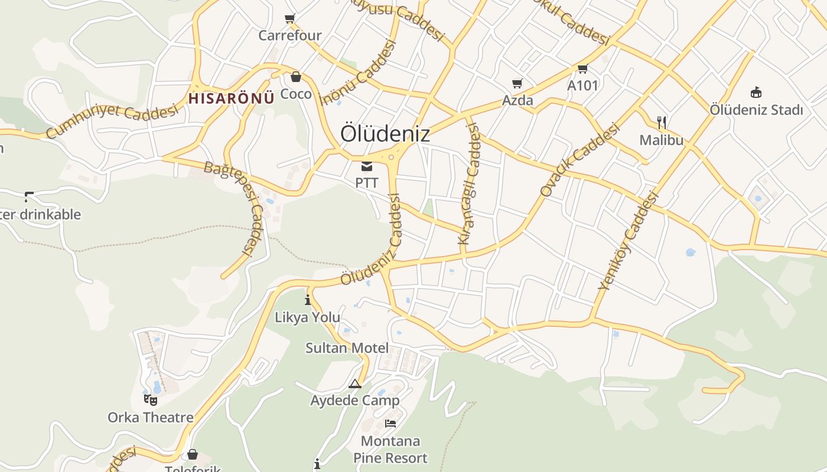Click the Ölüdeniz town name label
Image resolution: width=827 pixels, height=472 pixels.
point(385,134)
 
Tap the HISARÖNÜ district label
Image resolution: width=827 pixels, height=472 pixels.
point(232,98)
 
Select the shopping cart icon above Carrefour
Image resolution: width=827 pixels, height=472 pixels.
point(290,19)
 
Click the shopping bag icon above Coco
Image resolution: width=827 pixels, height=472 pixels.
point(295,77)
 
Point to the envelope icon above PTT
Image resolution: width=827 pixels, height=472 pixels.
point(367,166)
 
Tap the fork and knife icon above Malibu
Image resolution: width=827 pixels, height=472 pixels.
point(662,123)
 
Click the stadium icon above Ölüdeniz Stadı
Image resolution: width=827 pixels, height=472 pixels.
point(756,92)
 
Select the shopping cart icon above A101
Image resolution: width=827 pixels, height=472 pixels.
point(583,69)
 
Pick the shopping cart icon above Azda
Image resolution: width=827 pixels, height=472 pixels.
point(517,84)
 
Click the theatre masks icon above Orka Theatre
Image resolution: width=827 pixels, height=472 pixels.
point(151,399)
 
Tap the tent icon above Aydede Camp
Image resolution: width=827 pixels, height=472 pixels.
point(354,384)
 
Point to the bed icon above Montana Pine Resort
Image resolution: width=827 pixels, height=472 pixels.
point(390,423)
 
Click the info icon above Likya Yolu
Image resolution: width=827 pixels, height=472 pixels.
point(307,300)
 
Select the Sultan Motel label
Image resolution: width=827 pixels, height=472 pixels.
point(347,348)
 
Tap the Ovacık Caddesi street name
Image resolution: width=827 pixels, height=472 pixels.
point(579,159)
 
